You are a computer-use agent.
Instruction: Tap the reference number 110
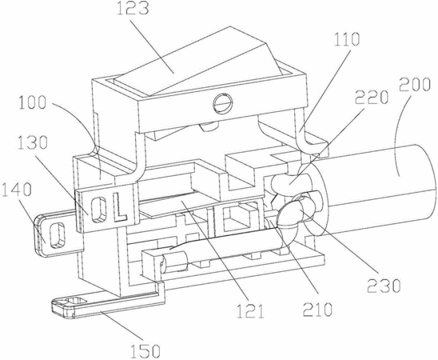coord(346,39)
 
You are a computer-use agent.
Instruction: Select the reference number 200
coord(414,84)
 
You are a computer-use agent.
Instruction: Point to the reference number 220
coord(372,97)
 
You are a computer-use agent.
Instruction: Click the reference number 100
coord(32,102)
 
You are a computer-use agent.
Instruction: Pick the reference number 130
coord(33,142)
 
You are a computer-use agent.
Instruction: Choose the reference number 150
coord(145,350)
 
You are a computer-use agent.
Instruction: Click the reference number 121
coord(250,311)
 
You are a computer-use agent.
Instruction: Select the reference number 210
coord(317,310)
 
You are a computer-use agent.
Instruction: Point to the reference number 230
coord(384,286)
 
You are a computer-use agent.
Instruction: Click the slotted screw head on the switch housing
coord(222,104)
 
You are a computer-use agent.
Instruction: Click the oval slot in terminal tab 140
coord(58,235)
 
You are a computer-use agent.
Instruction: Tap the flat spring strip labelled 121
coord(196,207)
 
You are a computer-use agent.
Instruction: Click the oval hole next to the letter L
coord(99,210)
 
